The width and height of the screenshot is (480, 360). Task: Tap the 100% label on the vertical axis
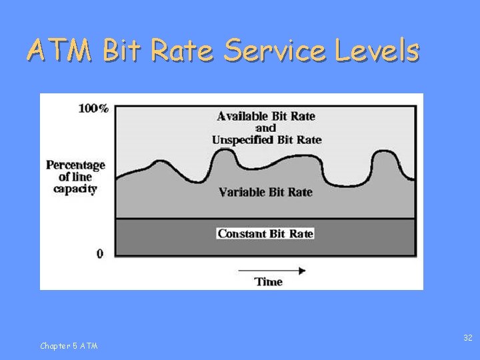coord(93,108)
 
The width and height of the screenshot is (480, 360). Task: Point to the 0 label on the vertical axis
coord(100,254)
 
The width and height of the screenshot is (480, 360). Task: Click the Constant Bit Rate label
coord(265,233)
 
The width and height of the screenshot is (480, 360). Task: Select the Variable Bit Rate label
coord(265,192)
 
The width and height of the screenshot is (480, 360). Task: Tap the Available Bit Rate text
coord(266,116)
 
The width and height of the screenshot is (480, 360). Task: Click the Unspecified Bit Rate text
coord(267,139)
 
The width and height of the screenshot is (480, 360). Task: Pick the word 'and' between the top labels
coord(265,128)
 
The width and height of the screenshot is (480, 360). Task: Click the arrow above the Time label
coord(271,271)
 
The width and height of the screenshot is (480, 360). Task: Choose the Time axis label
coord(269,282)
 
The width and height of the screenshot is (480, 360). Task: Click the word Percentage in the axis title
coord(75,165)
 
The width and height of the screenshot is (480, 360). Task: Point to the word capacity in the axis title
coord(75,189)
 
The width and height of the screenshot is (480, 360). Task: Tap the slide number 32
coord(467,339)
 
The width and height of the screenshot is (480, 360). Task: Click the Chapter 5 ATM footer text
coord(69,345)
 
